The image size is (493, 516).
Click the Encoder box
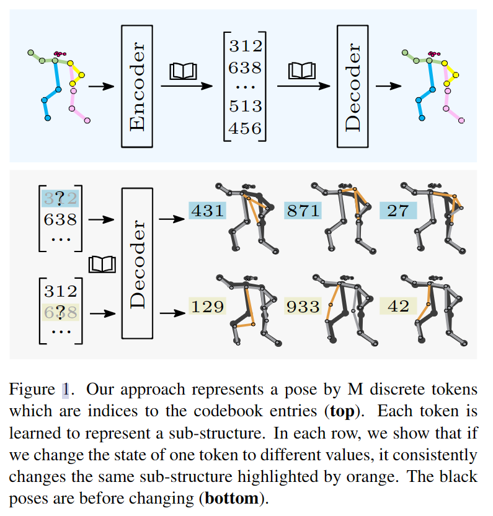(x=137, y=85)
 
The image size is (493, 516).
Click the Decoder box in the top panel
(x=353, y=85)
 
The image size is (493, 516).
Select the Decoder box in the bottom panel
(x=138, y=263)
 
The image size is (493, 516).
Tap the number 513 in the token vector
(x=245, y=107)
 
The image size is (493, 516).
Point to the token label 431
(x=208, y=211)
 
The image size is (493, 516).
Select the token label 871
(x=303, y=211)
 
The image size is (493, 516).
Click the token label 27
(x=398, y=211)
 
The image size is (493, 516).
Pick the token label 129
(x=208, y=306)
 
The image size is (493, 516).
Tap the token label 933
(x=303, y=306)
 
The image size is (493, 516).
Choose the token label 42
(x=398, y=306)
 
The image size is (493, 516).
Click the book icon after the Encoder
(x=183, y=72)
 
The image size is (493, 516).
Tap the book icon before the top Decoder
(x=301, y=72)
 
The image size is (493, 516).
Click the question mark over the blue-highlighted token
(x=60, y=198)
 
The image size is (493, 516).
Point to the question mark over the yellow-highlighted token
(x=60, y=312)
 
